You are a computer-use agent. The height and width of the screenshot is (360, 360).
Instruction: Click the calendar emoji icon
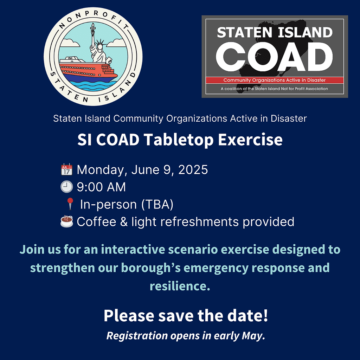(66, 170)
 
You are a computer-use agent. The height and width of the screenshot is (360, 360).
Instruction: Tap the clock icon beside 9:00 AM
(66, 187)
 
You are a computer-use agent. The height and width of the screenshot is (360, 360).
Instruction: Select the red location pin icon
(70, 204)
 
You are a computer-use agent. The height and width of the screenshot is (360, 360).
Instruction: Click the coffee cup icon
(66, 221)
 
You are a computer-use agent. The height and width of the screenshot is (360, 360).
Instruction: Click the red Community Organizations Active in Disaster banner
(275, 80)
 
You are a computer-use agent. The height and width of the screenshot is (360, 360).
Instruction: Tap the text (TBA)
(157, 204)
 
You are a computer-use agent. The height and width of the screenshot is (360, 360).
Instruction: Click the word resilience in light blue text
(180, 286)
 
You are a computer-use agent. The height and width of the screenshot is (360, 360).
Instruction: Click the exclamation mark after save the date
(266, 315)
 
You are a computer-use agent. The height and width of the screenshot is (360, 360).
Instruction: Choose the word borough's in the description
(151, 268)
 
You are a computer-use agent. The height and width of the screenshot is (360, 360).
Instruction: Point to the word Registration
(137, 336)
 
